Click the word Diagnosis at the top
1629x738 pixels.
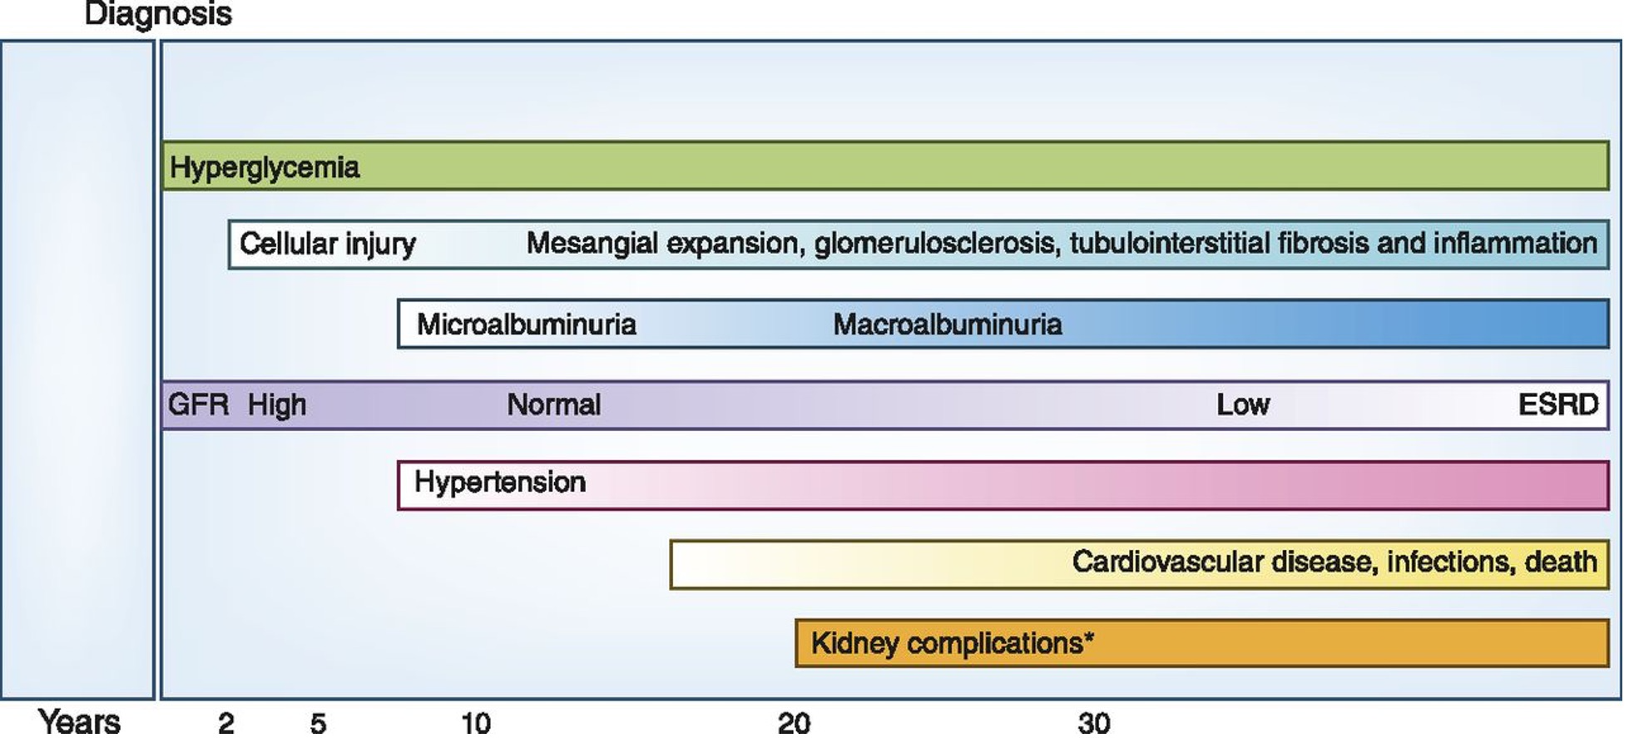158,14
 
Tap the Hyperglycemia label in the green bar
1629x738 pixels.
265,167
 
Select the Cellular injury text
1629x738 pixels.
327,244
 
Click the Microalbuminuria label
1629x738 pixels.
526,324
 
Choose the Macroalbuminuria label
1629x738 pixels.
947,324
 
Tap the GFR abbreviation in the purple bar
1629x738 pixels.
198,404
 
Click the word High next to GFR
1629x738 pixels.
277,404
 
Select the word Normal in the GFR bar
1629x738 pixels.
553,404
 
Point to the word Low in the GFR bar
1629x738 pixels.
1242,404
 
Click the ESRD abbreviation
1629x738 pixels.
1557,404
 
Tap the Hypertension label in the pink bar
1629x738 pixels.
499,482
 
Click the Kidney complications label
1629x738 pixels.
952,642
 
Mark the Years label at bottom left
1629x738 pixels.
79,721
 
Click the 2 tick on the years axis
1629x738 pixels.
225,723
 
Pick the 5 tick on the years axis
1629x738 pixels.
318,723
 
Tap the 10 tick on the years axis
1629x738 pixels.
476,723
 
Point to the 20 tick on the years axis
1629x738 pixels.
794,723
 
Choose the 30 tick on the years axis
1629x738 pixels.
1094,723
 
